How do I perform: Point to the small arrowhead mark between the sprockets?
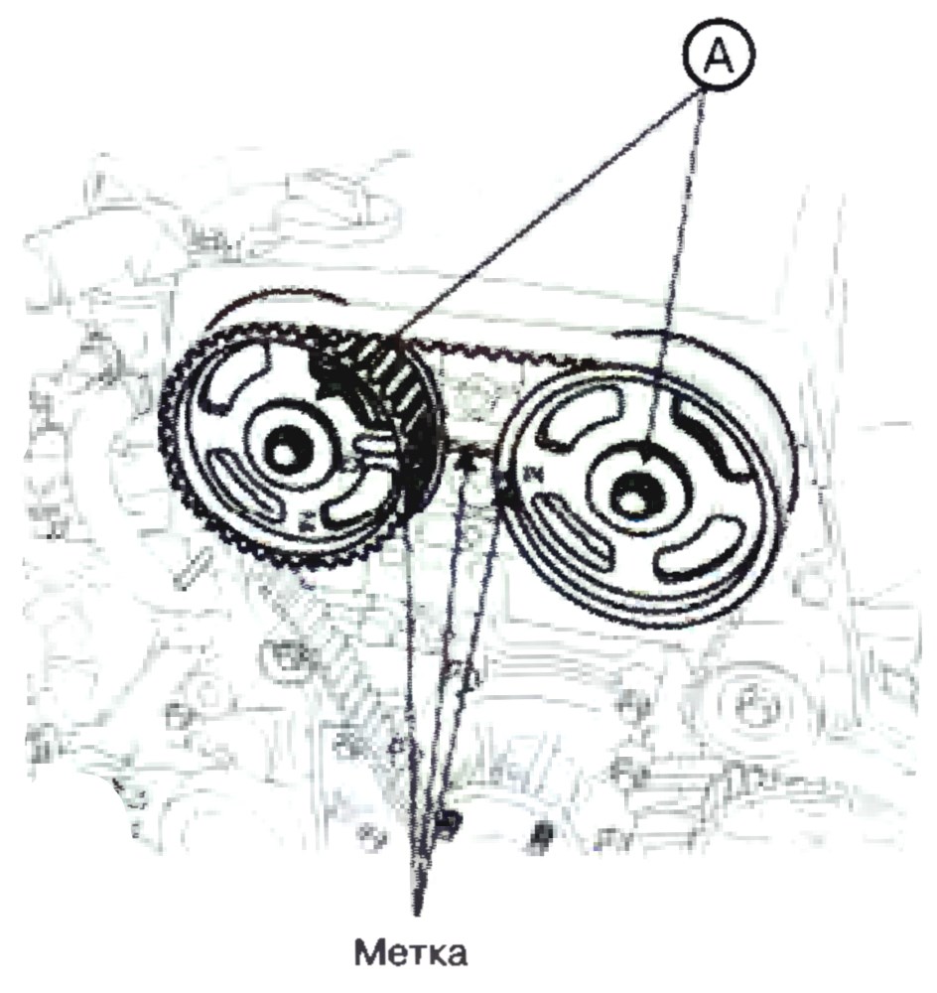pos(466,462)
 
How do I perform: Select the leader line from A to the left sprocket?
pos(549,213)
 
